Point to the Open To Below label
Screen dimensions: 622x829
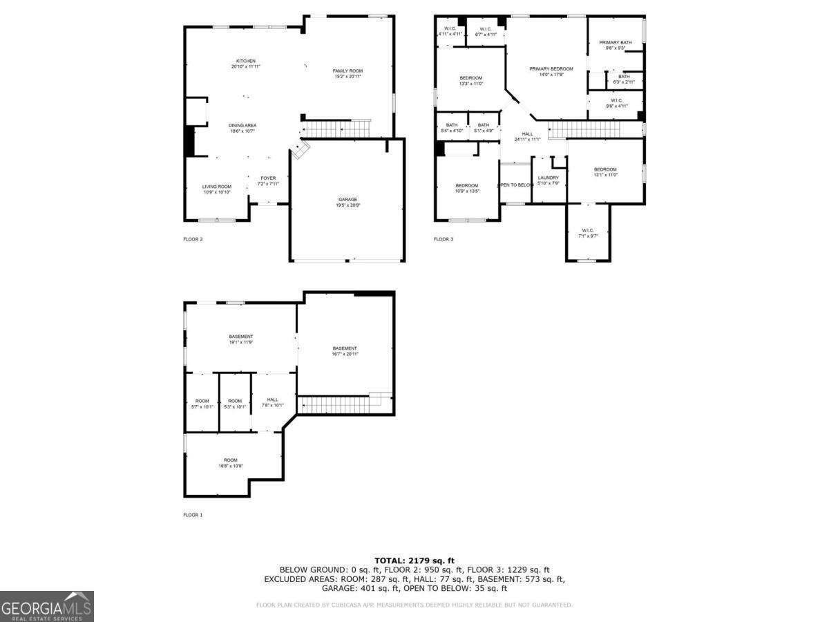pyautogui.click(x=515, y=185)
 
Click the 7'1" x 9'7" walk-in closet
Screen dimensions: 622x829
pyautogui.click(x=588, y=233)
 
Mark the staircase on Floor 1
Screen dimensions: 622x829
pyautogui.click(x=339, y=404)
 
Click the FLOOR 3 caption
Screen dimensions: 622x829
pyautogui.click(x=444, y=239)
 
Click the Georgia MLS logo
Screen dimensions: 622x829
pyautogui.click(x=46, y=607)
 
